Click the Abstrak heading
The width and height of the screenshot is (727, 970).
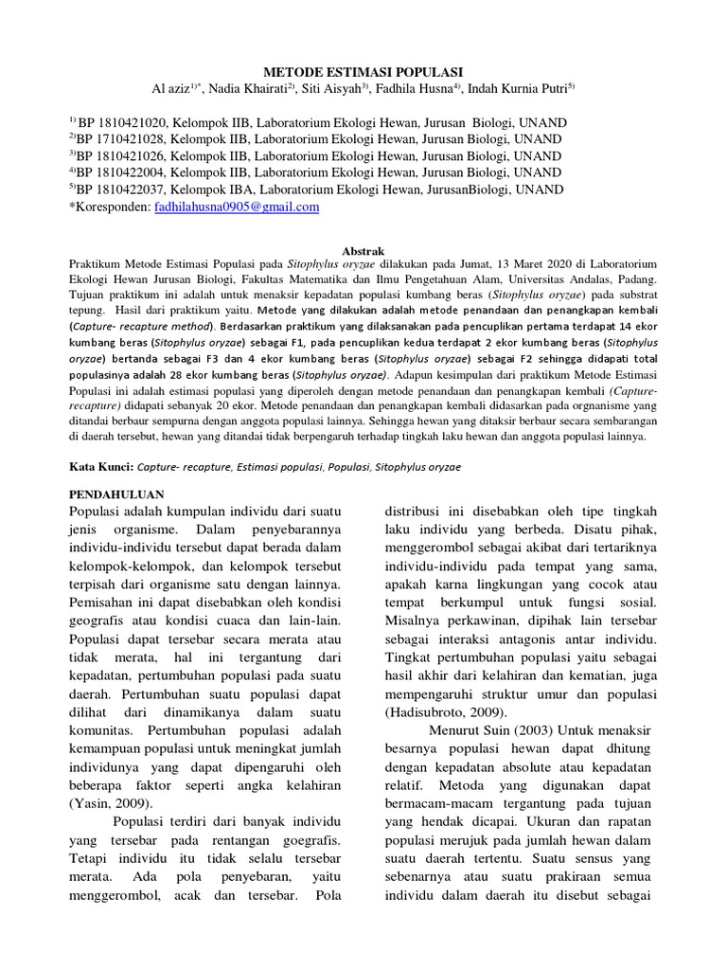(363, 251)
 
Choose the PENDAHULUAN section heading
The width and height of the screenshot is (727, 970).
(119, 494)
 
